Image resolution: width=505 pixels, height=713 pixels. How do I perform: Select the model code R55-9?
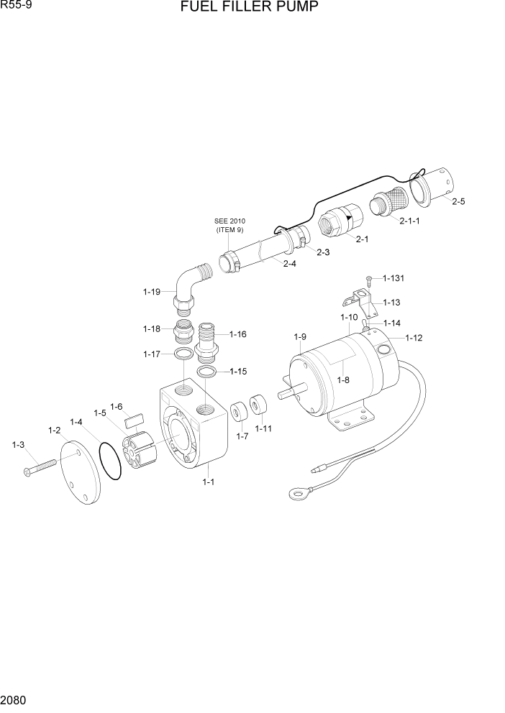click(x=15, y=6)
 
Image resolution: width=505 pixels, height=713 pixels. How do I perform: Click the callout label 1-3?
click(x=19, y=446)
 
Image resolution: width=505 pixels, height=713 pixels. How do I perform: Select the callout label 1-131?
click(x=393, y=277)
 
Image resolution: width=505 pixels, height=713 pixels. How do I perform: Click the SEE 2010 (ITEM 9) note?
click(x=229, y=225)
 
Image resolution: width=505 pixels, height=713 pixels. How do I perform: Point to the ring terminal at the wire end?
click(x=296, y=493)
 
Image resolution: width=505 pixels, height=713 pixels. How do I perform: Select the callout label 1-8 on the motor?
click(x=343, y=380)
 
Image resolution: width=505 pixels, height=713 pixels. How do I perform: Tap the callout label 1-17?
click(x=152, y=354)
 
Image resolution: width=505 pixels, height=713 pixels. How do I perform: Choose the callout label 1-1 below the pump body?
click(x=208, y=482)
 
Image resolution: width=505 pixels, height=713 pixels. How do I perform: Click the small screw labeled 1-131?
click(x=369, y=277)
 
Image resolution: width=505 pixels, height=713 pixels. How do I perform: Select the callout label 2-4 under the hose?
click(x=289, y=264)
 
